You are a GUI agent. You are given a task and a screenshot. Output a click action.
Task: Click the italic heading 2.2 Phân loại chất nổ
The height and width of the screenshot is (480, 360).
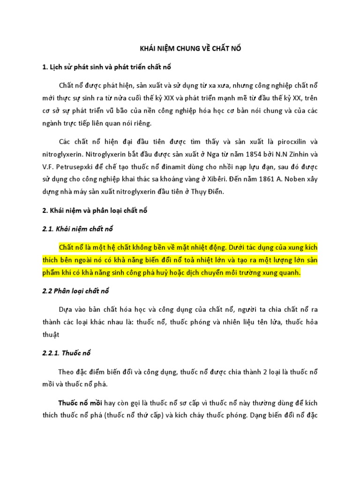[75, 291]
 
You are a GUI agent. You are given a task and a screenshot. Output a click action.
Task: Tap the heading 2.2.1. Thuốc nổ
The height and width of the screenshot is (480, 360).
[63, 353]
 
